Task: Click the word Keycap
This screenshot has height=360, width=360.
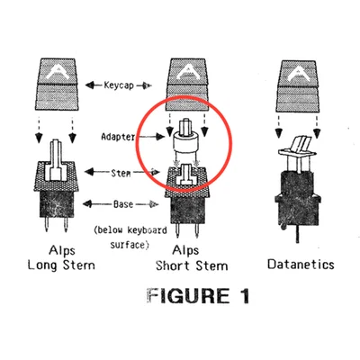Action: tap(119, 85)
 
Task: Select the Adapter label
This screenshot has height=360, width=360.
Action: tap(118, 137)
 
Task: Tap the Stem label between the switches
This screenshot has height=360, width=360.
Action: tap(121, 173)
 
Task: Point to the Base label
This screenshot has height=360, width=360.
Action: tap(123, 204)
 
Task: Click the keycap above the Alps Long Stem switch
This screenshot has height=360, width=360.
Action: tap(57, 85)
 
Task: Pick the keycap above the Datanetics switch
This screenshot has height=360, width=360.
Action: tap(297, 86)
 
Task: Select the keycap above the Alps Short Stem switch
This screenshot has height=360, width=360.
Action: tap(188, 85)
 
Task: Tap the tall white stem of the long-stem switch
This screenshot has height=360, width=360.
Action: tap(56, 160)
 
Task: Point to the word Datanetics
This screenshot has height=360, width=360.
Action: tap(301, 265)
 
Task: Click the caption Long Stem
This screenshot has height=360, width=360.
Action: tap(61, 265)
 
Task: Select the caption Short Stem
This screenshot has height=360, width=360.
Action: tap(192, 265)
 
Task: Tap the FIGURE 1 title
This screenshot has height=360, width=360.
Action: tap(198, 296)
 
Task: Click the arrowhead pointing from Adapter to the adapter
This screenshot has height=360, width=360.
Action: tap(161, 137)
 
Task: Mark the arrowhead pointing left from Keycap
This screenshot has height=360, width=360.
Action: tap(89, 85)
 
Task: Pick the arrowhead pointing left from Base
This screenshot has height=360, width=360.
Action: tap(87, 204)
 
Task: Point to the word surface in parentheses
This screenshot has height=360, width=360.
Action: tap(128, 245)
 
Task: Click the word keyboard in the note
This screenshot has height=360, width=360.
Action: tap(147, 230)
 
